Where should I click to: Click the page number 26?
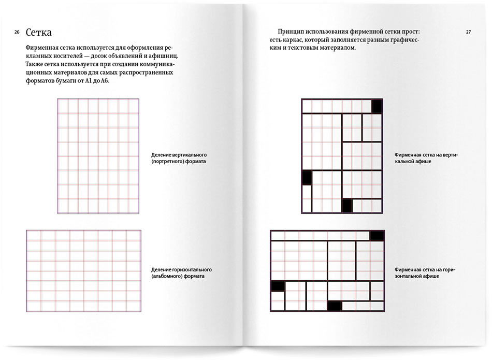coord(17,33)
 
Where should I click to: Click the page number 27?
coord(468,32)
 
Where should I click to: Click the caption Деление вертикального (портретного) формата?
coord(179,158)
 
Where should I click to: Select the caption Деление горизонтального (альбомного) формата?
coord(181,273)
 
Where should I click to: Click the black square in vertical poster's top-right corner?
coord(377,106)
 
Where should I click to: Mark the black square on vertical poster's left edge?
coord(307,177)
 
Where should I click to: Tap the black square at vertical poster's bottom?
coord(346,206)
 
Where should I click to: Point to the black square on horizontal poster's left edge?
coord(278,286)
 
